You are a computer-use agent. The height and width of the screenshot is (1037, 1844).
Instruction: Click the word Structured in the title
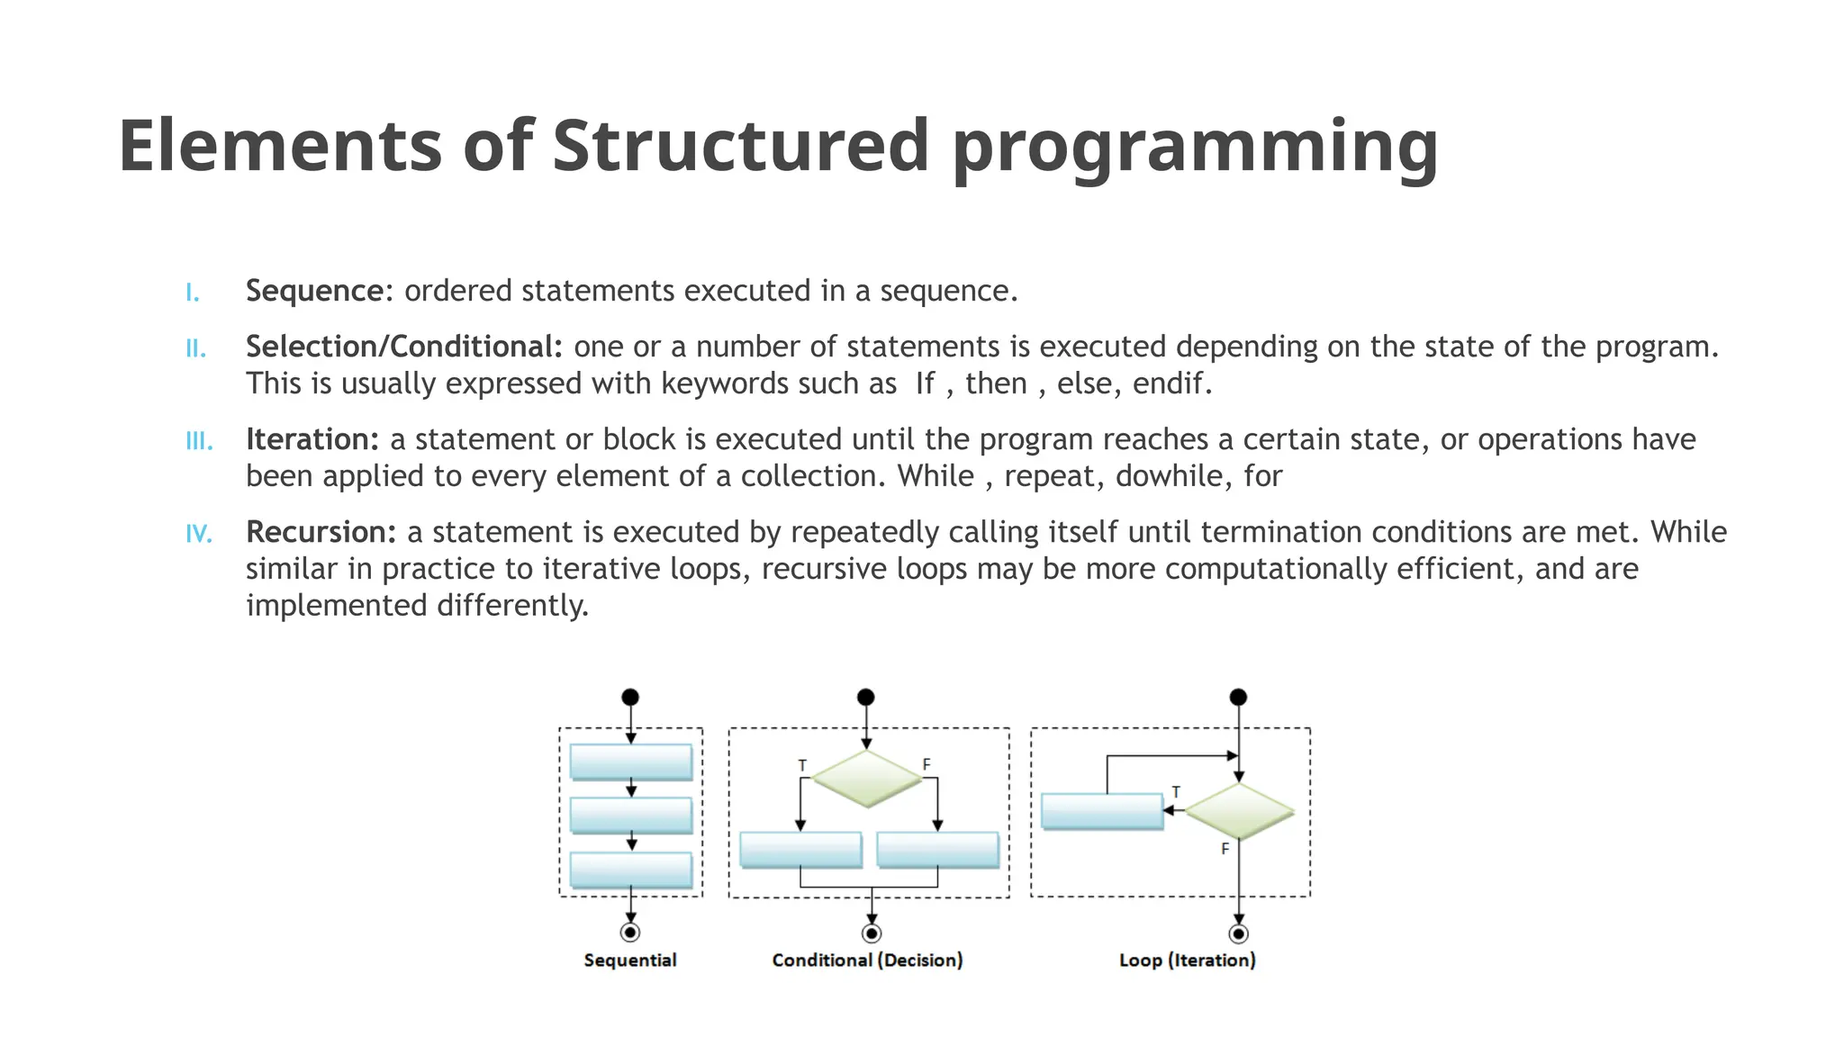click(740, 146)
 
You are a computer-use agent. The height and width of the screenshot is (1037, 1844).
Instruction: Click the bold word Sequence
click(315, 291)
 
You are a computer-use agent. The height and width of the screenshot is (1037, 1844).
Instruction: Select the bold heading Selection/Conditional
click(403, 347)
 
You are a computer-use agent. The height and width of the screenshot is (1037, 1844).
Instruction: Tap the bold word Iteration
click(312, 439)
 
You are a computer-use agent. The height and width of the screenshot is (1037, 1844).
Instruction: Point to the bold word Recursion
click(321, 532)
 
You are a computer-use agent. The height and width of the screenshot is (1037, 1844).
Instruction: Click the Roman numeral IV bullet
click(199, 534)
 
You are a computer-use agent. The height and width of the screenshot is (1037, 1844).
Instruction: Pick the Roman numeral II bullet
click(196, 348)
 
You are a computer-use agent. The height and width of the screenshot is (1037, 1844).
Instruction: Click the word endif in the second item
click(1168, 383)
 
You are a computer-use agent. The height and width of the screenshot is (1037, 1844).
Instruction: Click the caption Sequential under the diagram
click(630, 960)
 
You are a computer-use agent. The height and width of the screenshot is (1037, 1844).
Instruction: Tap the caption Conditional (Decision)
click(867, 960)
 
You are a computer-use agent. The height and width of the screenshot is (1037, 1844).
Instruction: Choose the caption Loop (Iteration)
click(1187, 960)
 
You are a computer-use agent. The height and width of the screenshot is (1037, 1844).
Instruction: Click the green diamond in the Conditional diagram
click(867, 778)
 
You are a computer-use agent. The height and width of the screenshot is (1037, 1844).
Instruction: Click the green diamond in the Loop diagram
click(1239, 811)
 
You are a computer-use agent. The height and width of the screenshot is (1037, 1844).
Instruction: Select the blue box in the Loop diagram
click(1102, 810)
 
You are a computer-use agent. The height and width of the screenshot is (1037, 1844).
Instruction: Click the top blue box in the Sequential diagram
click(631, 762)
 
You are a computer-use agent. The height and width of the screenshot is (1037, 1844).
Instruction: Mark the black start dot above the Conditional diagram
click(866, 697)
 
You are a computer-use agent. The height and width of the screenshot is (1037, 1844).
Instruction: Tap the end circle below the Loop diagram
click(1239, 933)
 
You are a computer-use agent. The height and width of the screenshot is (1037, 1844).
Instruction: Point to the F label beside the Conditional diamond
click(927, 764)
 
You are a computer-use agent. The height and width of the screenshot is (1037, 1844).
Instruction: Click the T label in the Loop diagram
click(1176, 792)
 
